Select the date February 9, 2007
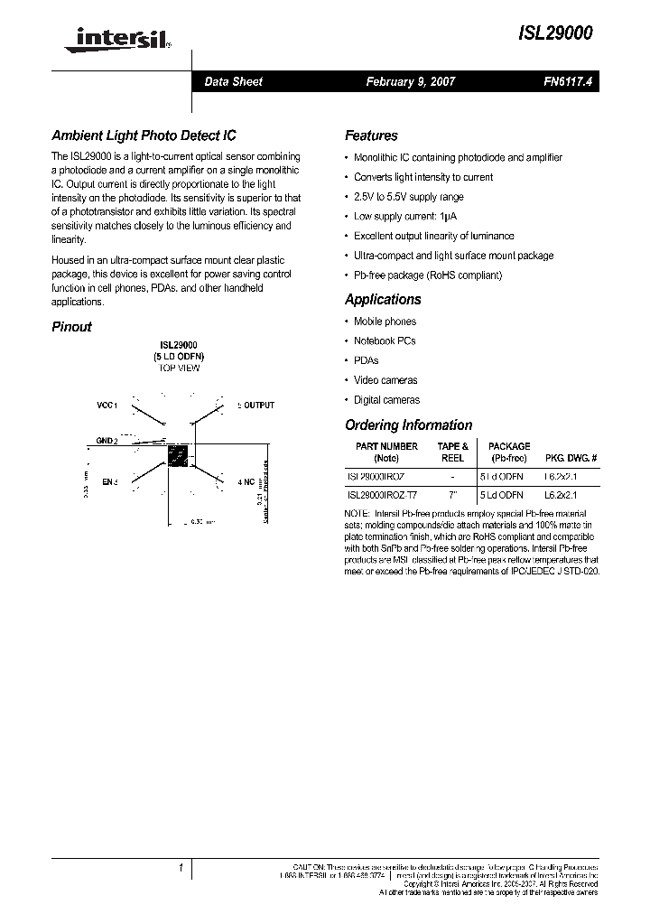click(x=410, y=81)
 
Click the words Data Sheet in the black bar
click(x=233, y=81)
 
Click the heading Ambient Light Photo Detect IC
click(x=144, y=135)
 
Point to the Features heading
click(x=371, y=135)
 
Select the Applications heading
click(x=383, y=299)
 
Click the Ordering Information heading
click(x=408, y=424)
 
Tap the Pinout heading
click(x=71, y=327)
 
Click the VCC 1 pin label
click(x=107, y=406)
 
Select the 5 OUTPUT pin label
click(x=255, y=406)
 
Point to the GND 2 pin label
click(x=107, y=440)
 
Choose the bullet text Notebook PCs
click(x=385, y=341)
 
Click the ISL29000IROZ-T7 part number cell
click(x=382, y=495)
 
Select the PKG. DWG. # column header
click(x=570, y=458)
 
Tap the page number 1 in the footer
click(x=181, y=868)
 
